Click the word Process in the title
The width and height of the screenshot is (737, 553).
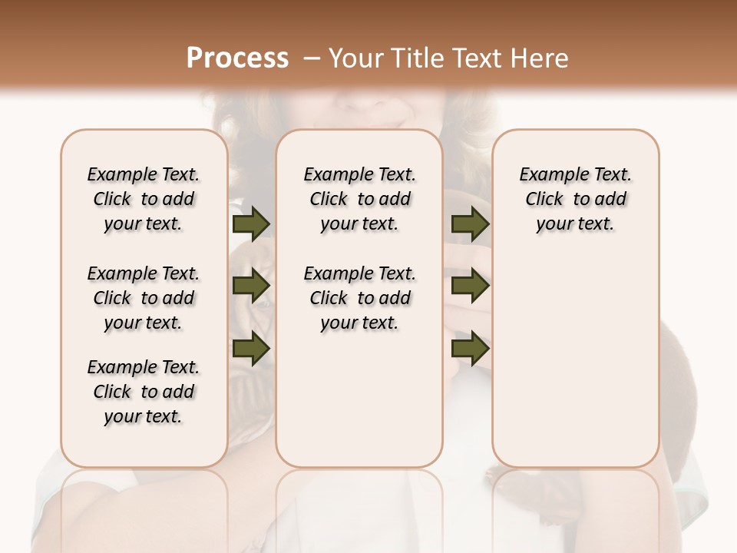[237, 58]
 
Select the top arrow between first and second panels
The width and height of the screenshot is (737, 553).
[251, 224]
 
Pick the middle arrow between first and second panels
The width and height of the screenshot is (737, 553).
[251, 286]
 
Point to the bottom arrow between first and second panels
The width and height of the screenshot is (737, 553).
[251, 349]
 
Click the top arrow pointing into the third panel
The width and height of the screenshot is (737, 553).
[470, 224]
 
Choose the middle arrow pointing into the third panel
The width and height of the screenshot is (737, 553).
[470, 286]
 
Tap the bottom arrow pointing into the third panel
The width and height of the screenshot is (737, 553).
[470, 349]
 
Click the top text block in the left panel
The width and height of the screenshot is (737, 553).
[144, 199]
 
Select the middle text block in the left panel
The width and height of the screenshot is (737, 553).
[144, 298]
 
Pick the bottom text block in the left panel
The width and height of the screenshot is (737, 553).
[144, 392]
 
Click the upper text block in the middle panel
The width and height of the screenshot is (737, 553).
[359, 199]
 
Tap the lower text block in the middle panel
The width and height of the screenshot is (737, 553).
[359, 298]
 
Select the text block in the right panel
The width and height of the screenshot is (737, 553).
[576, 199]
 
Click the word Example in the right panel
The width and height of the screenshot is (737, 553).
[548, 175]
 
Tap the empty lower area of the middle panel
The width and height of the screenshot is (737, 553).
[359, 399]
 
